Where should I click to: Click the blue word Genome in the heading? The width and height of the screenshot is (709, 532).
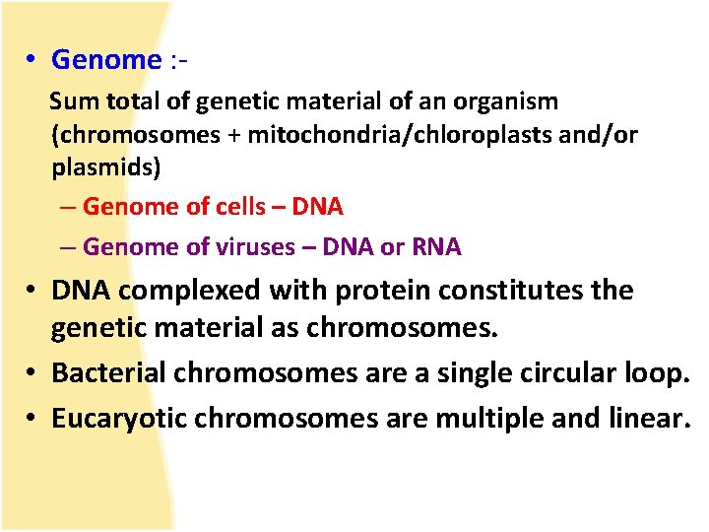pos(105,60)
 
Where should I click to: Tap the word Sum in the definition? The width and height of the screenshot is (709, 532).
pos(69,101)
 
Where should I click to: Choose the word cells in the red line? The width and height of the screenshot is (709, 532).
pos(239,207)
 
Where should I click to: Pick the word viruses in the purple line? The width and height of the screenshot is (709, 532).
pos(254,246)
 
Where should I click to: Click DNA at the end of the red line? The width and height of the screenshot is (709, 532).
pos(317,207)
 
